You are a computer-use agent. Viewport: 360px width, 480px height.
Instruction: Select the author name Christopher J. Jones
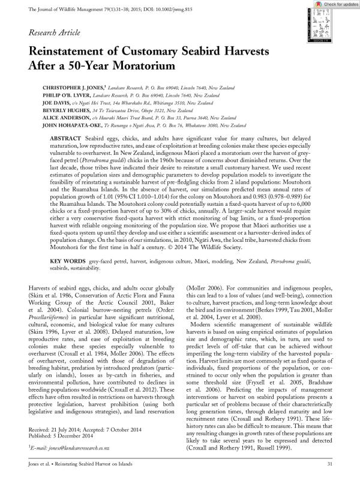pos(77,88)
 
